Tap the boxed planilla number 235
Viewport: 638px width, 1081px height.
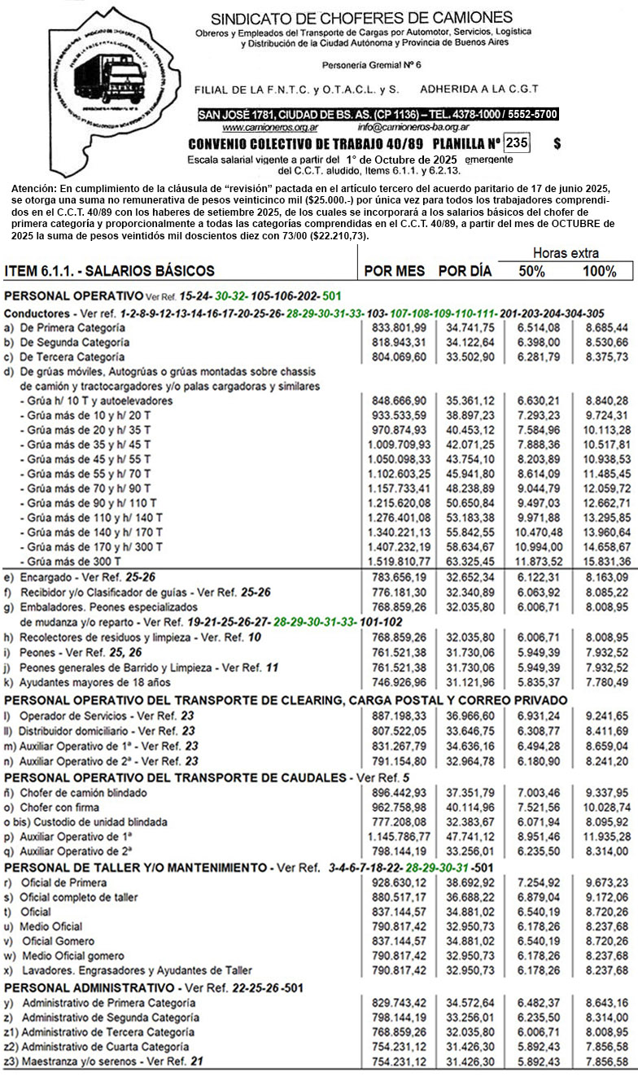pos(516,143)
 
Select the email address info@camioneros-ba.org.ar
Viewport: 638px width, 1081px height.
pos(413,128)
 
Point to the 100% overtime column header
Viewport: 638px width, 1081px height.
pos(599,271)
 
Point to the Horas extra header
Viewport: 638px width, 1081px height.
pos(565,253)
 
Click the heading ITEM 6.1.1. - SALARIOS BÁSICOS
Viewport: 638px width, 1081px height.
pos(110,271)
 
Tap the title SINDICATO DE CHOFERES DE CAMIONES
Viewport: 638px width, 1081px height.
pos(361,18)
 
